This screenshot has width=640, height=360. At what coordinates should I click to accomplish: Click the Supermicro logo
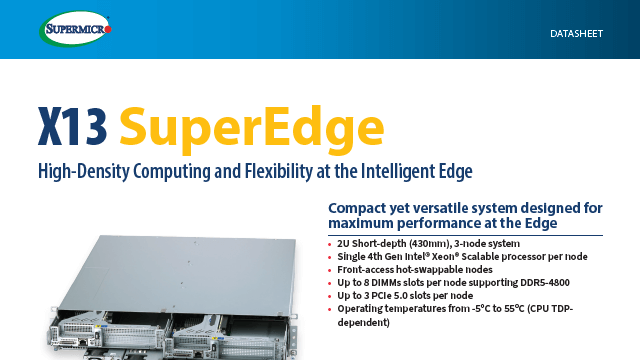coord(76,29)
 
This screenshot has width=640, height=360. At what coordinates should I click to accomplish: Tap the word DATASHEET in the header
coord(577,34)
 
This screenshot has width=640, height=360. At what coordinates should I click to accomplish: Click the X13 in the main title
coord(71,127)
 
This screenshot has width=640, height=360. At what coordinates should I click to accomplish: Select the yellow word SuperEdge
coord(250,127)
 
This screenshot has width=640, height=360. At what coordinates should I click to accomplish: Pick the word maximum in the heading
coord(367,223)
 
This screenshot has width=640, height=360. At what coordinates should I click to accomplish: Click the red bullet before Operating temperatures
coord(331,309)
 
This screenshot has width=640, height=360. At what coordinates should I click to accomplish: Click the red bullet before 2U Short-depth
coord(331,244)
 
